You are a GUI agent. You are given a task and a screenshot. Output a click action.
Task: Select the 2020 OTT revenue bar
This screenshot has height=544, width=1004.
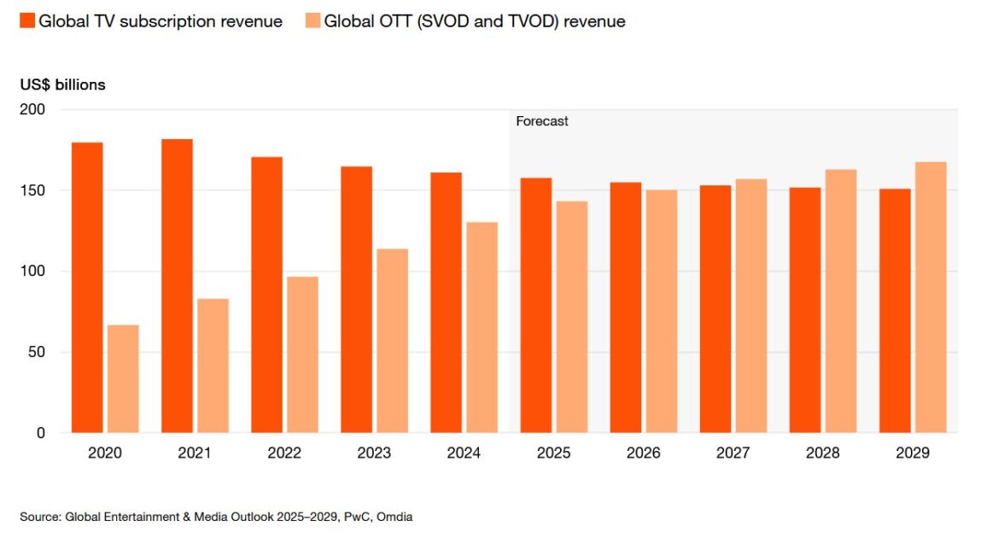(x=123, y=379)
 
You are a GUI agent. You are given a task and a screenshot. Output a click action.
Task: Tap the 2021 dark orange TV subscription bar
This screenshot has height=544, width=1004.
(x=177, y=286)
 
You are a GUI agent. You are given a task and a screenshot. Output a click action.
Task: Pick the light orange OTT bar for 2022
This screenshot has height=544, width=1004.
(x=302, y=354)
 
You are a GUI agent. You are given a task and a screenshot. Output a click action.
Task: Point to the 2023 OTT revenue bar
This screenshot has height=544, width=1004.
(x=392, y=341)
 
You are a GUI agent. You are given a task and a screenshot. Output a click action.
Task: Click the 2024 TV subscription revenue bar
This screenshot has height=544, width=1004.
(x=446, y=303)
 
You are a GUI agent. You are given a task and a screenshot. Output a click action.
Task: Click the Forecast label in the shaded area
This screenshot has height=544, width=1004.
(x=542, y=121)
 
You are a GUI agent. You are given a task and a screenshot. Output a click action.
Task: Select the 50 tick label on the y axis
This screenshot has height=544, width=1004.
(x=39, y=352)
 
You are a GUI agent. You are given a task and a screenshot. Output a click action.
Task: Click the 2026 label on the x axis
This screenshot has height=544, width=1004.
(x=643, y=453)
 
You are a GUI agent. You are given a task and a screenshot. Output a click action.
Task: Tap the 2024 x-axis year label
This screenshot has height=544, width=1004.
(x=464, y=453)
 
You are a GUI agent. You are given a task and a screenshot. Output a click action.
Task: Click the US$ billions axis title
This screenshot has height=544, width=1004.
(x=63, y=85)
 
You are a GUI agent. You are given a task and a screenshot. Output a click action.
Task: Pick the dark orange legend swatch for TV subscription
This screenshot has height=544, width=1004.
(x=26, y=21)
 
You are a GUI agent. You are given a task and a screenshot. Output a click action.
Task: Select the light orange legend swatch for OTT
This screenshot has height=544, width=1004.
(x=312, y=21)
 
